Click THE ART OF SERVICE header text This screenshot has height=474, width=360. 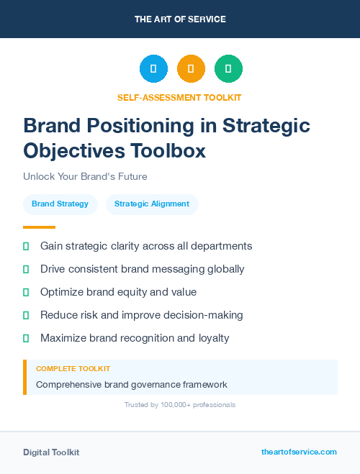coord(180,19)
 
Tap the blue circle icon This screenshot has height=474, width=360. coord(153,68)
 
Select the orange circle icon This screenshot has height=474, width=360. coord(191,68)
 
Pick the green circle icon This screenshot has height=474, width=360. coord(228,68)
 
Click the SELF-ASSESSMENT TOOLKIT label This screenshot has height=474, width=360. coord(179,97)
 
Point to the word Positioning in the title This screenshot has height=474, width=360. coord(143,126)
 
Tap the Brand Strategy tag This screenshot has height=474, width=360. coord(60,204)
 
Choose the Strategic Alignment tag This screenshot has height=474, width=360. coord(152,204)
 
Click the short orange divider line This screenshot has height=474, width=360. coord(35,227)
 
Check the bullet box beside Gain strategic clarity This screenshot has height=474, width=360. coord(26,246)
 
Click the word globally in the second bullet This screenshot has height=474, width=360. coord(225,269)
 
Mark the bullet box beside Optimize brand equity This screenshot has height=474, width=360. coord(26,292)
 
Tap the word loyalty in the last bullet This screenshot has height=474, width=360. coord(212,338)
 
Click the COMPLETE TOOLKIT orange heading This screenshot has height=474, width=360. coord(73,368)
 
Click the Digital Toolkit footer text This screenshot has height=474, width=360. coord(51,452)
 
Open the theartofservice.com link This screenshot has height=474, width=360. coord(299,452)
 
